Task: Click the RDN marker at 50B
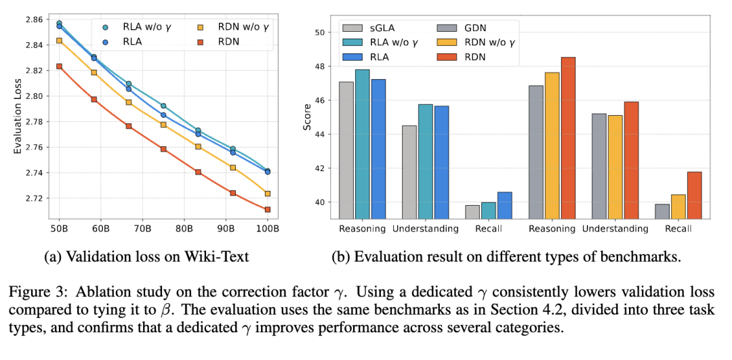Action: (60, 66)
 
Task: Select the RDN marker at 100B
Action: (268, 210)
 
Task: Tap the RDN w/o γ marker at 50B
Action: (60, 41)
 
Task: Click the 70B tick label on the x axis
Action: (143, 229)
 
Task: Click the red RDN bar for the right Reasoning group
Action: (568, 138)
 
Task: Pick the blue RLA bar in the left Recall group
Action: (505, 206)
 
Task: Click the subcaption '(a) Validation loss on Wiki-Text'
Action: (147, 257)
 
